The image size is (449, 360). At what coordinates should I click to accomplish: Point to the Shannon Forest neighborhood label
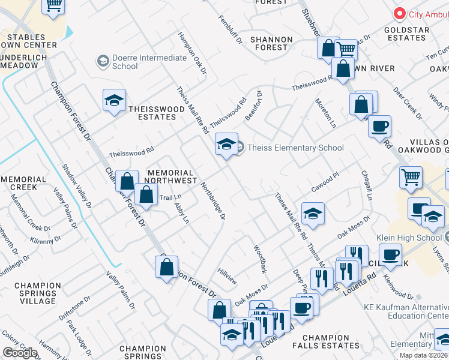271,43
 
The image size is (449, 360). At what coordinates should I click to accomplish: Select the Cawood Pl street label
325,182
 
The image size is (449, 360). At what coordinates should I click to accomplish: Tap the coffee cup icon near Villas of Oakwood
379,127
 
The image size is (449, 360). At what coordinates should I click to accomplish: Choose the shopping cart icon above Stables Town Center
53,5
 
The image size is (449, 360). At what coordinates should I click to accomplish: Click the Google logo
20,353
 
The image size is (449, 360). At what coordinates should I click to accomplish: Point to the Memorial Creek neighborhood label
24,184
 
